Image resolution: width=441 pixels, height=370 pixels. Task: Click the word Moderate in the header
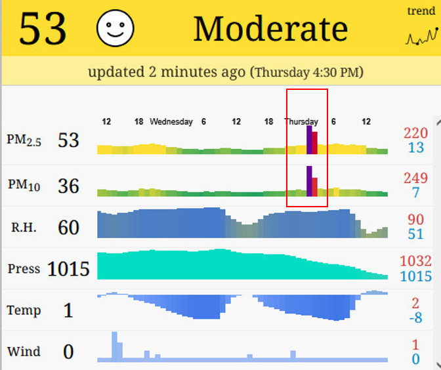point(270,29)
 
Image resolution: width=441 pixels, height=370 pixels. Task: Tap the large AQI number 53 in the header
point(43,28)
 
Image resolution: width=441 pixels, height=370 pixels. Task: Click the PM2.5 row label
point(24,140)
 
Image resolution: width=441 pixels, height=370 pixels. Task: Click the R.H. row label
point(24,228)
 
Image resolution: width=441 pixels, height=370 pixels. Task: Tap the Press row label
point(24,269)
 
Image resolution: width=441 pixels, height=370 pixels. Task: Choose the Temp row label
point(24,310)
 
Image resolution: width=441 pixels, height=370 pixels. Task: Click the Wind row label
point(24,352)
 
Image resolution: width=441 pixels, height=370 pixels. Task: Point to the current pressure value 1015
point(68,269)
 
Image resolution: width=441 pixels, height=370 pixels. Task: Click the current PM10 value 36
point(68,186)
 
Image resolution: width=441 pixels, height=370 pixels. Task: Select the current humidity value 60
point(68,228)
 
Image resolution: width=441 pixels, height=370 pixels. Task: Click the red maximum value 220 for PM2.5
point(415,133)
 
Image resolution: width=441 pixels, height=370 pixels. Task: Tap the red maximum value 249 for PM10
point(415,178)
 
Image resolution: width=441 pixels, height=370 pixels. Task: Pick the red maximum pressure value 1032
point(415,261)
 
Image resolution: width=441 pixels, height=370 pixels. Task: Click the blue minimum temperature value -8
point(415,318)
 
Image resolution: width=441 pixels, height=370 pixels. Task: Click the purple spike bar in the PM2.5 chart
point(309,140)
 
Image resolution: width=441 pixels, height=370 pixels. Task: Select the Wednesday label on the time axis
point(171,121)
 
